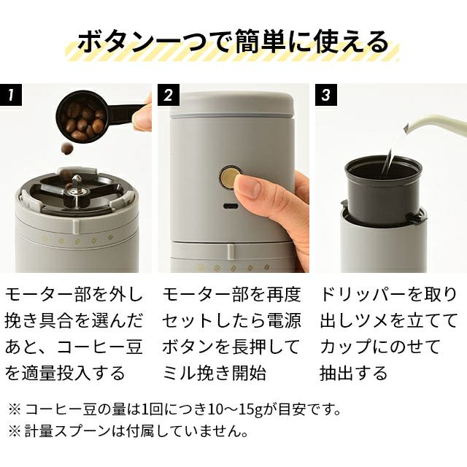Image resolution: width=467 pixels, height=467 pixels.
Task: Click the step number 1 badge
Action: click(x=11, y=95)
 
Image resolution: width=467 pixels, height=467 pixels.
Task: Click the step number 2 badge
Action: click(x=169, y=95)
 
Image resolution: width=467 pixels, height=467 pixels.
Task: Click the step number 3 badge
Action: click(x=326, y=95)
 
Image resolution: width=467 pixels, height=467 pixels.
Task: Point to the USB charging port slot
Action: click(x=231, y=206)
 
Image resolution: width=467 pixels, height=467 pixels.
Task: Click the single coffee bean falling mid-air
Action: click(x=67, y=148)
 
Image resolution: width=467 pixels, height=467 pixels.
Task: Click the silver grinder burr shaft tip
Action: click(x=76, y=178)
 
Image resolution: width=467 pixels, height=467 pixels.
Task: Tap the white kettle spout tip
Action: click(x=407, y=129)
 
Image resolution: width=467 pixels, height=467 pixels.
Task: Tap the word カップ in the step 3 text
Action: click(x=346, y=347)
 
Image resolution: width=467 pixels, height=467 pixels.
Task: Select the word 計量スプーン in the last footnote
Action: click(x=67, y=431)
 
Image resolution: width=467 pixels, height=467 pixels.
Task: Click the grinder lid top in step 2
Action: click(x=232, y=104)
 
